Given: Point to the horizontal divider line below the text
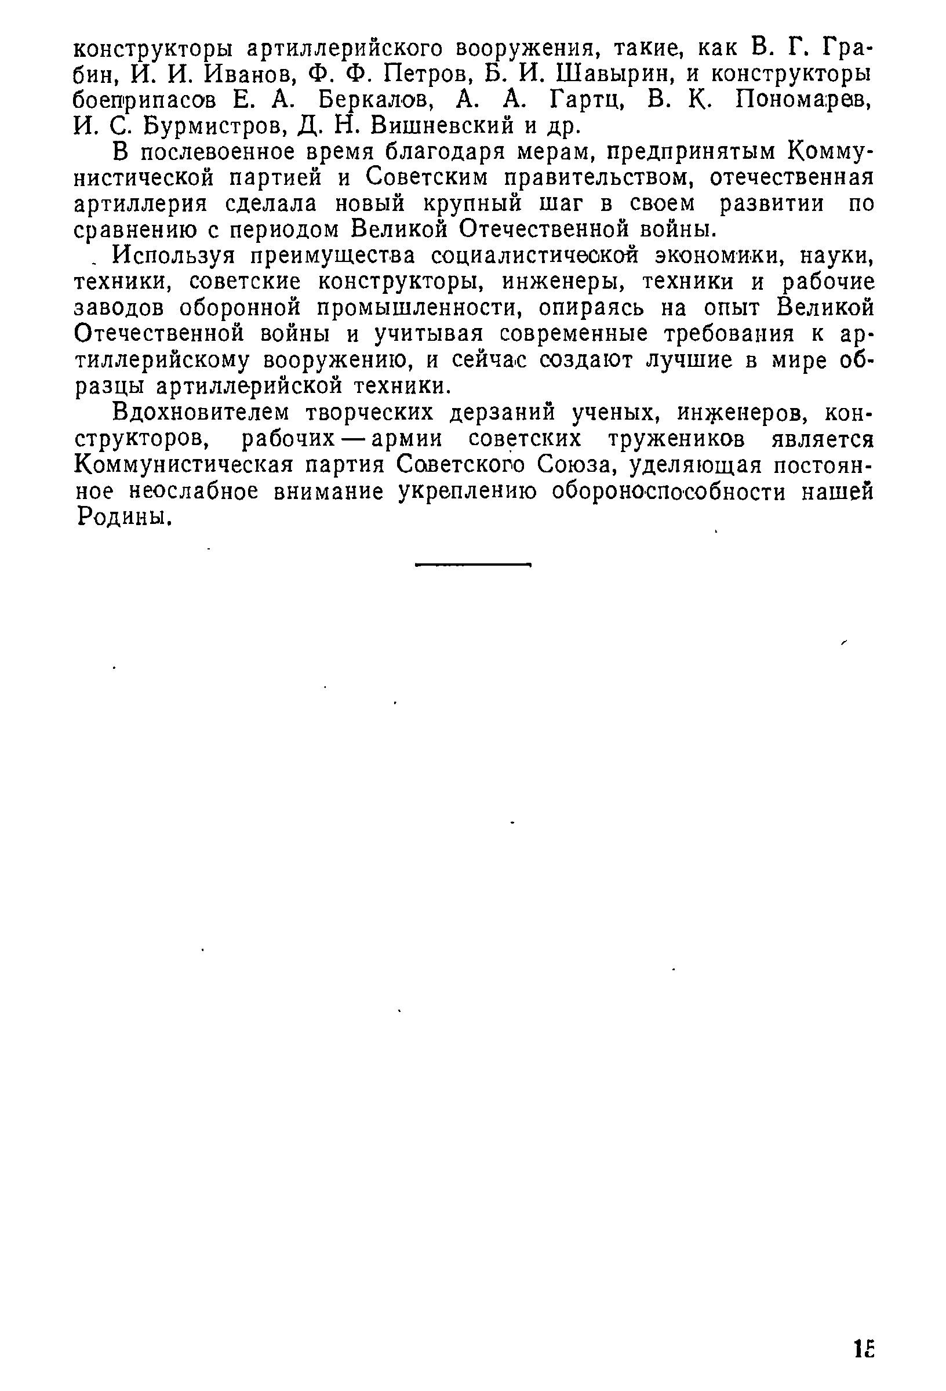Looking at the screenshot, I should pyautogui.click(x=473, y=565).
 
